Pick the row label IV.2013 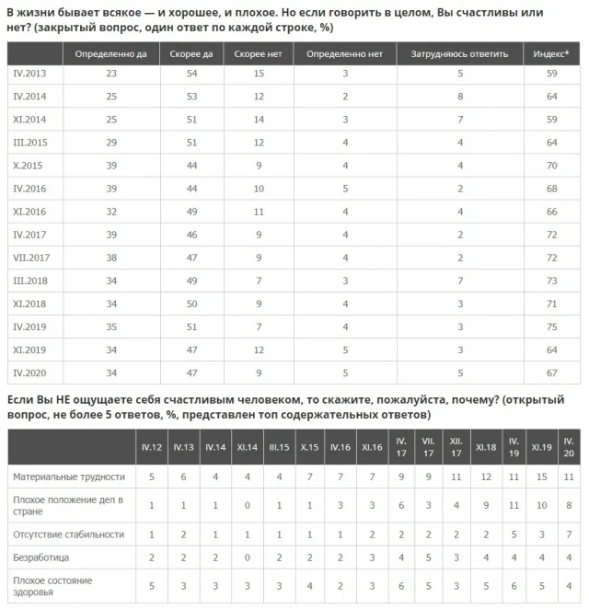coord(31,73)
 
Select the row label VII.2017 coord(33,257)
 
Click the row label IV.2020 coord(31,373)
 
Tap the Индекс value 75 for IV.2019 coord(550,326)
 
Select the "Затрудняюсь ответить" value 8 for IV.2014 coord(458,96)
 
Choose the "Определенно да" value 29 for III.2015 coord(110,143)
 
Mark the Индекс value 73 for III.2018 coord(550,280)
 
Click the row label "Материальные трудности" coord(68,477)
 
